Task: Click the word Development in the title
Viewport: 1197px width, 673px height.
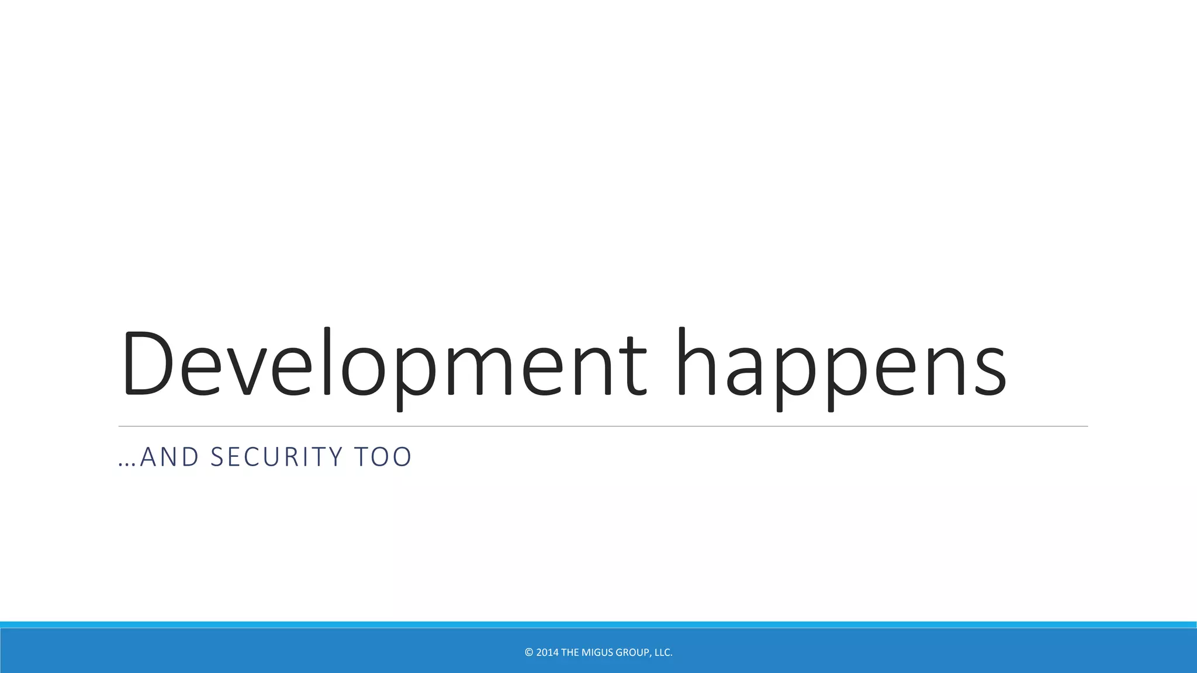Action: tap(383, 365)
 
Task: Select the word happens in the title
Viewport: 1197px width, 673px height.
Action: tap(842, 365)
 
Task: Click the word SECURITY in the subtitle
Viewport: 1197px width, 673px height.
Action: tap(276, 457)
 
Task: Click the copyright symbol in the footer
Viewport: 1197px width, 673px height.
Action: tap(529, 653)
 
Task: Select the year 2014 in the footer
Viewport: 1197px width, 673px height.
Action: tap(547, 653)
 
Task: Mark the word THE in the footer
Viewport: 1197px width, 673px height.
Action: tap(570, 653)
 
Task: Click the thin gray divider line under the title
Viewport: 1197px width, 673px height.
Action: tap(603, 426)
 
